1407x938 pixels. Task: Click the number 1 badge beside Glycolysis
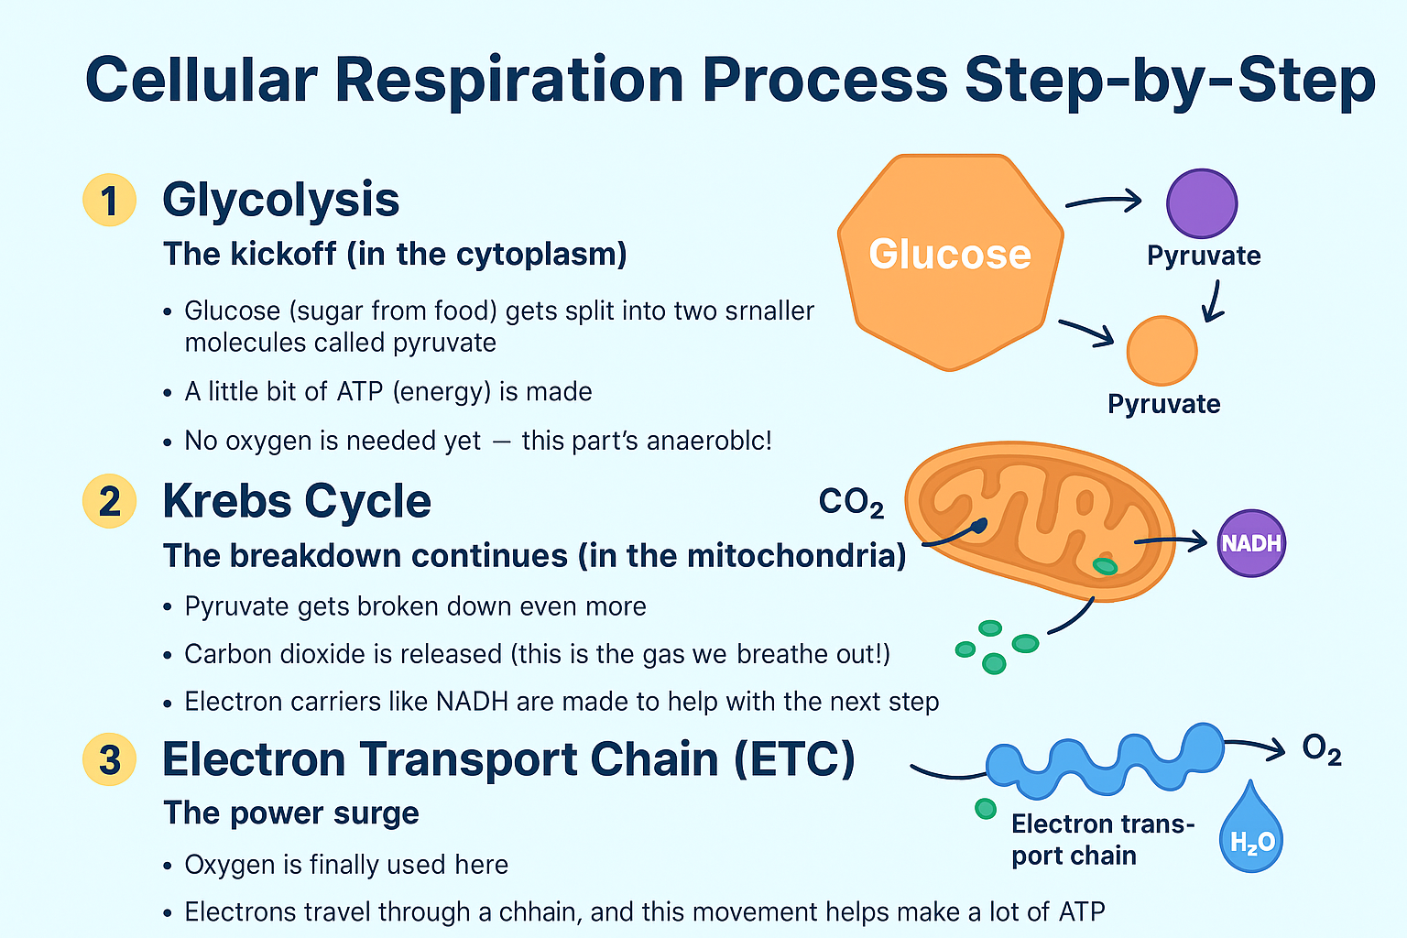tap(109, 200)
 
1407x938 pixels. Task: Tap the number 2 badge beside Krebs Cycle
tap(109, 501)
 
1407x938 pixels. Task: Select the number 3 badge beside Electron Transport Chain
tap(109, 759)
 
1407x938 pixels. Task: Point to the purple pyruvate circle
tap(1201, 203)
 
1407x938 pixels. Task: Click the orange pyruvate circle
tap(1162, 351)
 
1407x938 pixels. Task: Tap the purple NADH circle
tap(1251, 543)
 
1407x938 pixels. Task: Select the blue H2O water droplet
tap(1251, 831)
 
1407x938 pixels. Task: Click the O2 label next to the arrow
tap(1322, 750)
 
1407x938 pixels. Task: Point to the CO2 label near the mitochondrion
tap(851, 502)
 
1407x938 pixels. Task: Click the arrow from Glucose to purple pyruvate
tap(1104, 202)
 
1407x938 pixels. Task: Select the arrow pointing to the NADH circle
tap(1172, 542)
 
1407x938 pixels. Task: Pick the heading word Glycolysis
tap(281, 200)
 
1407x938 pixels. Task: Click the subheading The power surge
tap(291, 813)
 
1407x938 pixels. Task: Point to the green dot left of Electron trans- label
tap(986, 808)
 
